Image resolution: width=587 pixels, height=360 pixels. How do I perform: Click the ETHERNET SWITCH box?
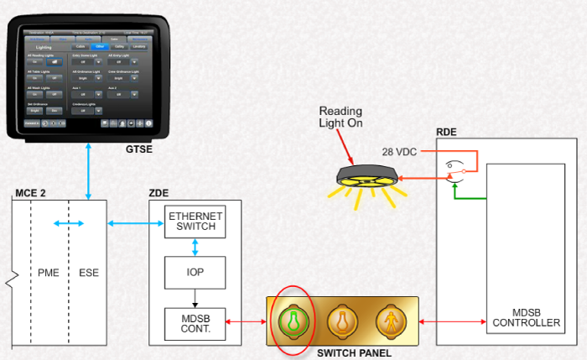[195, 222]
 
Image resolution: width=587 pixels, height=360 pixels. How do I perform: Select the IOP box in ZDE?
[195, 273]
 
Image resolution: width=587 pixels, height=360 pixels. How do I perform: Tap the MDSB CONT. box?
[195, 324]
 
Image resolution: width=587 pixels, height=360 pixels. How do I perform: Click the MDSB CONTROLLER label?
[526, 317]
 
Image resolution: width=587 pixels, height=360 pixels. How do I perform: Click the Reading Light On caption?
[343, 117]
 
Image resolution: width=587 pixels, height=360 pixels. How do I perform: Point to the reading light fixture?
[366, 177]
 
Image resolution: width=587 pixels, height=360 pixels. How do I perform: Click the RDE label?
[447, 133]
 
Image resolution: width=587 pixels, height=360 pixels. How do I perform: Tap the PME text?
[49, 273]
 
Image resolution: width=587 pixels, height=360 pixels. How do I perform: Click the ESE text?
[88, 273]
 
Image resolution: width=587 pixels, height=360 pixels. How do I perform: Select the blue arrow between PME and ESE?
[68, 223]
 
